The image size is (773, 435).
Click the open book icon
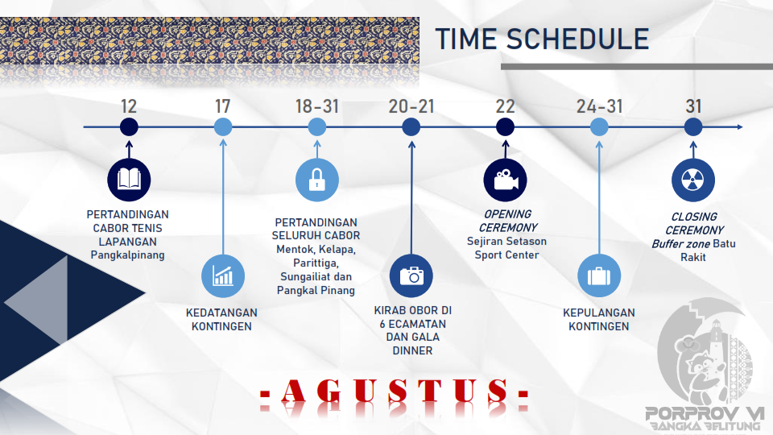[x=129, y=180]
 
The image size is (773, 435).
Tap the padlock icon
[x=317, y=180]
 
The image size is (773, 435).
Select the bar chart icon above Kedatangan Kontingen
[x=223, y=275]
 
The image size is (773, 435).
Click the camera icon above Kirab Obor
[x=411, y=275]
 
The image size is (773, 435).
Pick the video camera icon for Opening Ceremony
[x=506, y=180]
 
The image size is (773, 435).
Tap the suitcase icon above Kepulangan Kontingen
[x=599, y=275]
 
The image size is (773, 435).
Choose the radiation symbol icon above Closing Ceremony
[x=693, y=180]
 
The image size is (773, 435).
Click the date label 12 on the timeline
[x=129, y=106]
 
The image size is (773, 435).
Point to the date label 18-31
[x=317, y=106]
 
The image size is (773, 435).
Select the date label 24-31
[x=599, y=106]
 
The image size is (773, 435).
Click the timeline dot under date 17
[x=223, y=126]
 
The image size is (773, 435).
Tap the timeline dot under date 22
[x=505, y=126]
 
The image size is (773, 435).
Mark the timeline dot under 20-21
[x=411, y=126]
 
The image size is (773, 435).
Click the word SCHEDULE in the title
[x=577, y=39]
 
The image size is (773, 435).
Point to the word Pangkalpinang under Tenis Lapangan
[x=128, y=255]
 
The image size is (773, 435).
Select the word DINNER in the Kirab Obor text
[x=412, y=350]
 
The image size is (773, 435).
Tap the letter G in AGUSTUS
[x=329, y=391]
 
